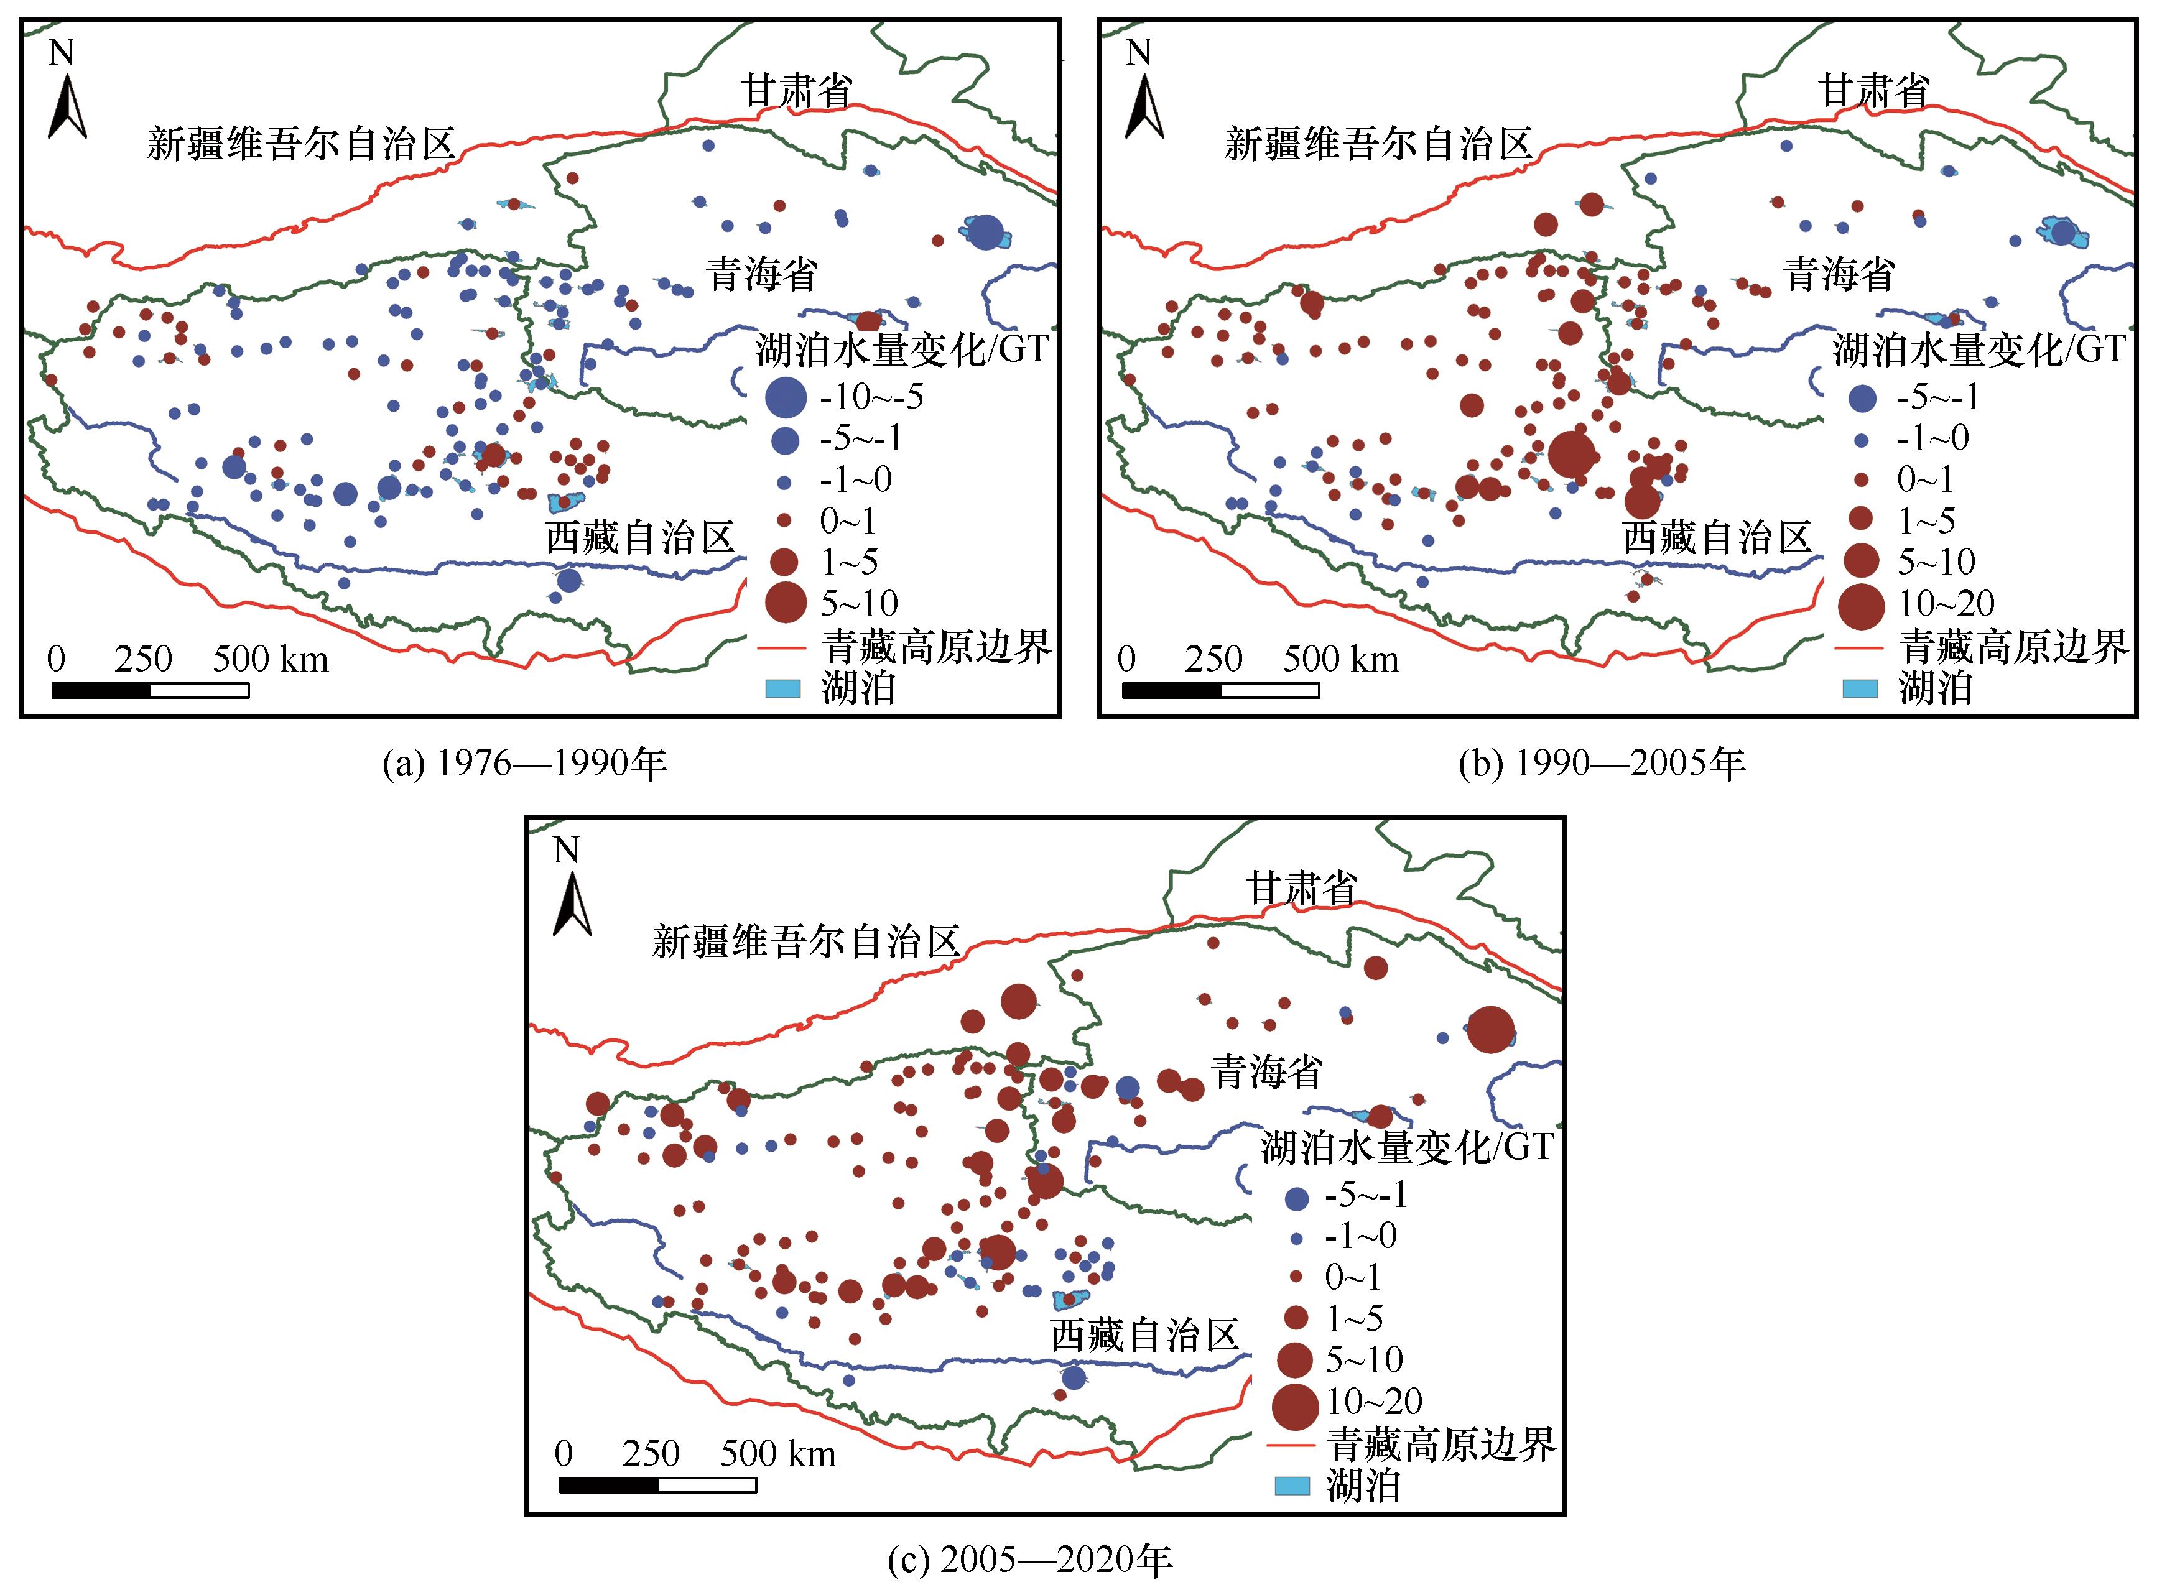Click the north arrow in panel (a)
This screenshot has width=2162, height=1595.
point(67,108)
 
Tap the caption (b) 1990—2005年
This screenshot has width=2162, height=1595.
point(1602,764)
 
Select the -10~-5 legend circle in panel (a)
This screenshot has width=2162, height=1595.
point(786,397)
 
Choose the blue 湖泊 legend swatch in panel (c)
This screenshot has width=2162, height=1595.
point(1292,1485)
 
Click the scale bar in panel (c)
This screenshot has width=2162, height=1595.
point(657,1485)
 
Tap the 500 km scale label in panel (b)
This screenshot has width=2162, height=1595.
point(1340,659)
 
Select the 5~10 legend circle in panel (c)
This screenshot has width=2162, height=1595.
point(1295,1359)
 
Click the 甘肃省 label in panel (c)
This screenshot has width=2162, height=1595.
point(1302,888)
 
